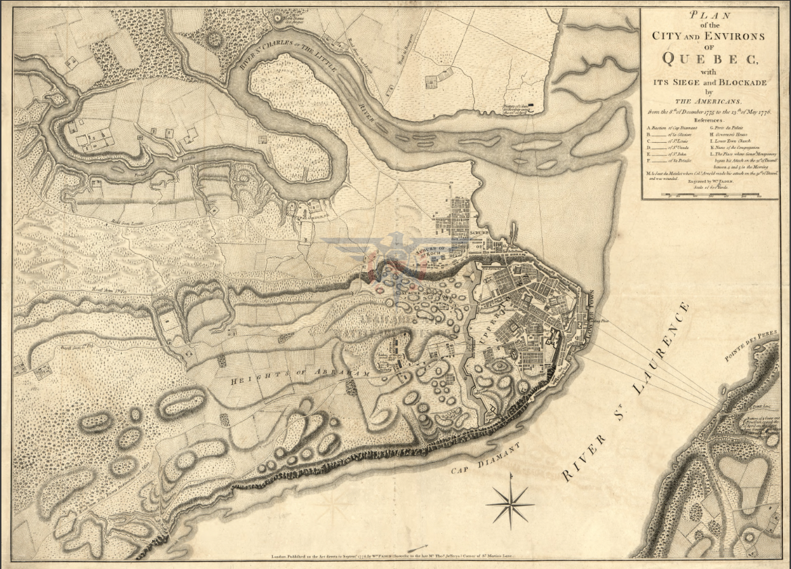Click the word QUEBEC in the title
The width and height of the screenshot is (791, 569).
[x=710, y=59]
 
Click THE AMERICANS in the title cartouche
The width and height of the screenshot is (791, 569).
[x=710, y=101]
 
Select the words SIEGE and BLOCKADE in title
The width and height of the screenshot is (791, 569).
[x=710, y=82]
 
